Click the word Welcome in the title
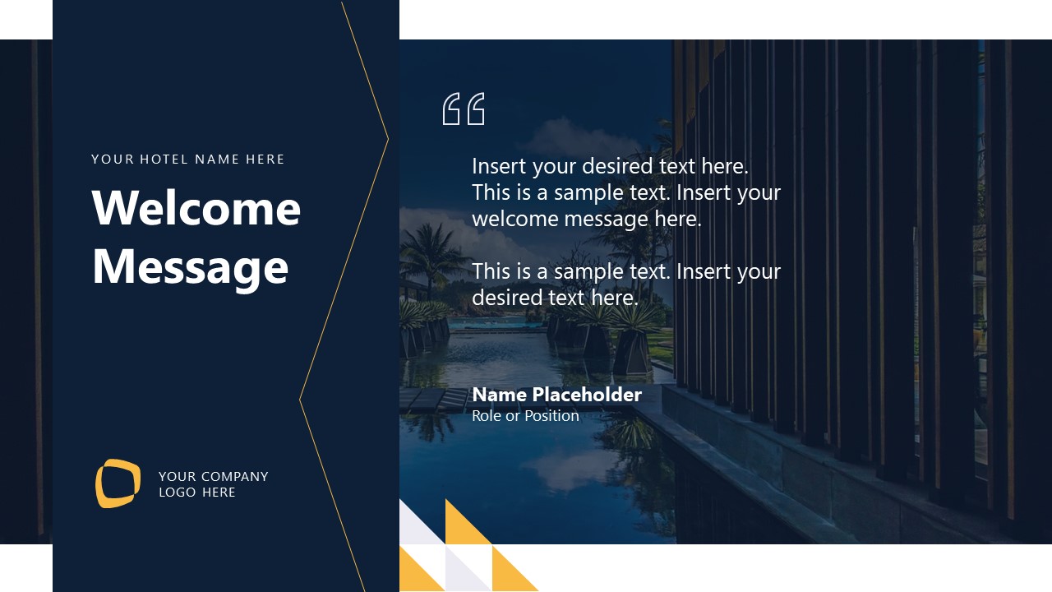[x=196, y=208]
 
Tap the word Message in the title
[x=190, y=267]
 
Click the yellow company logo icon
[x=118, y=483]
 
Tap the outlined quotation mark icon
[x=464, y=109]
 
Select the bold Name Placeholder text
[x=556, y=395]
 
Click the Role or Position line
[x=525, y=416]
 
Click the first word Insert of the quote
[x=499, y=167]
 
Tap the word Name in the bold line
[x=499, y=395]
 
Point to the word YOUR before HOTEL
[x=113, y=160]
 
